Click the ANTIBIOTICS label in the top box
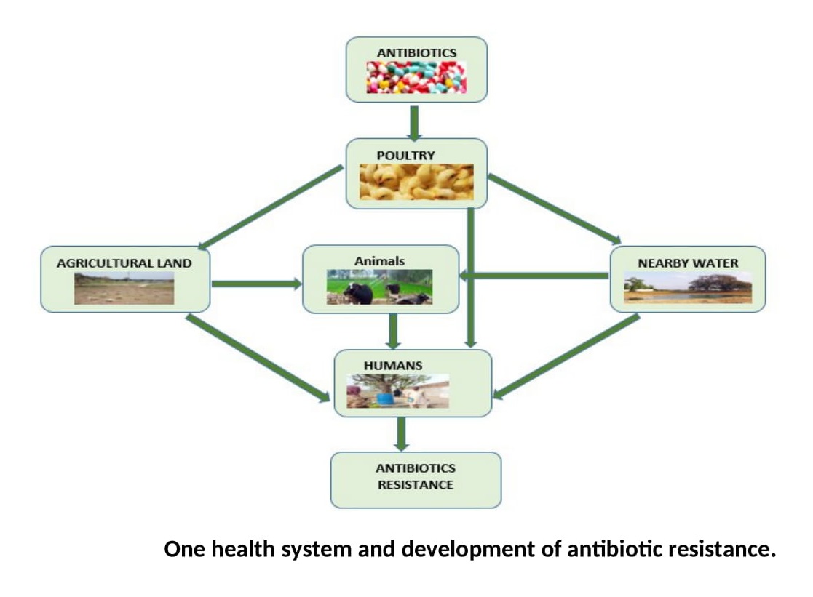(x=416, y=53)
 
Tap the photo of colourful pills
(x=416, y=77)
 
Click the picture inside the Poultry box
(x=416, y=181)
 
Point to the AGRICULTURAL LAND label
(x=124, y=263)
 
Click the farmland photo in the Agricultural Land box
(x=124, y=288)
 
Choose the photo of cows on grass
(x=379, y=287)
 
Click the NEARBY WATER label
(x=688, y=263)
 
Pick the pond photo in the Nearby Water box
(x=688, y=288)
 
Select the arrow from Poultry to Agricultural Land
(x=270, y=207)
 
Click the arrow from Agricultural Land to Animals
(x=255, y=284)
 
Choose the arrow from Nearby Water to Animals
(x=535, y=276)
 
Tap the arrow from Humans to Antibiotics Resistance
(x=400, y=433)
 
